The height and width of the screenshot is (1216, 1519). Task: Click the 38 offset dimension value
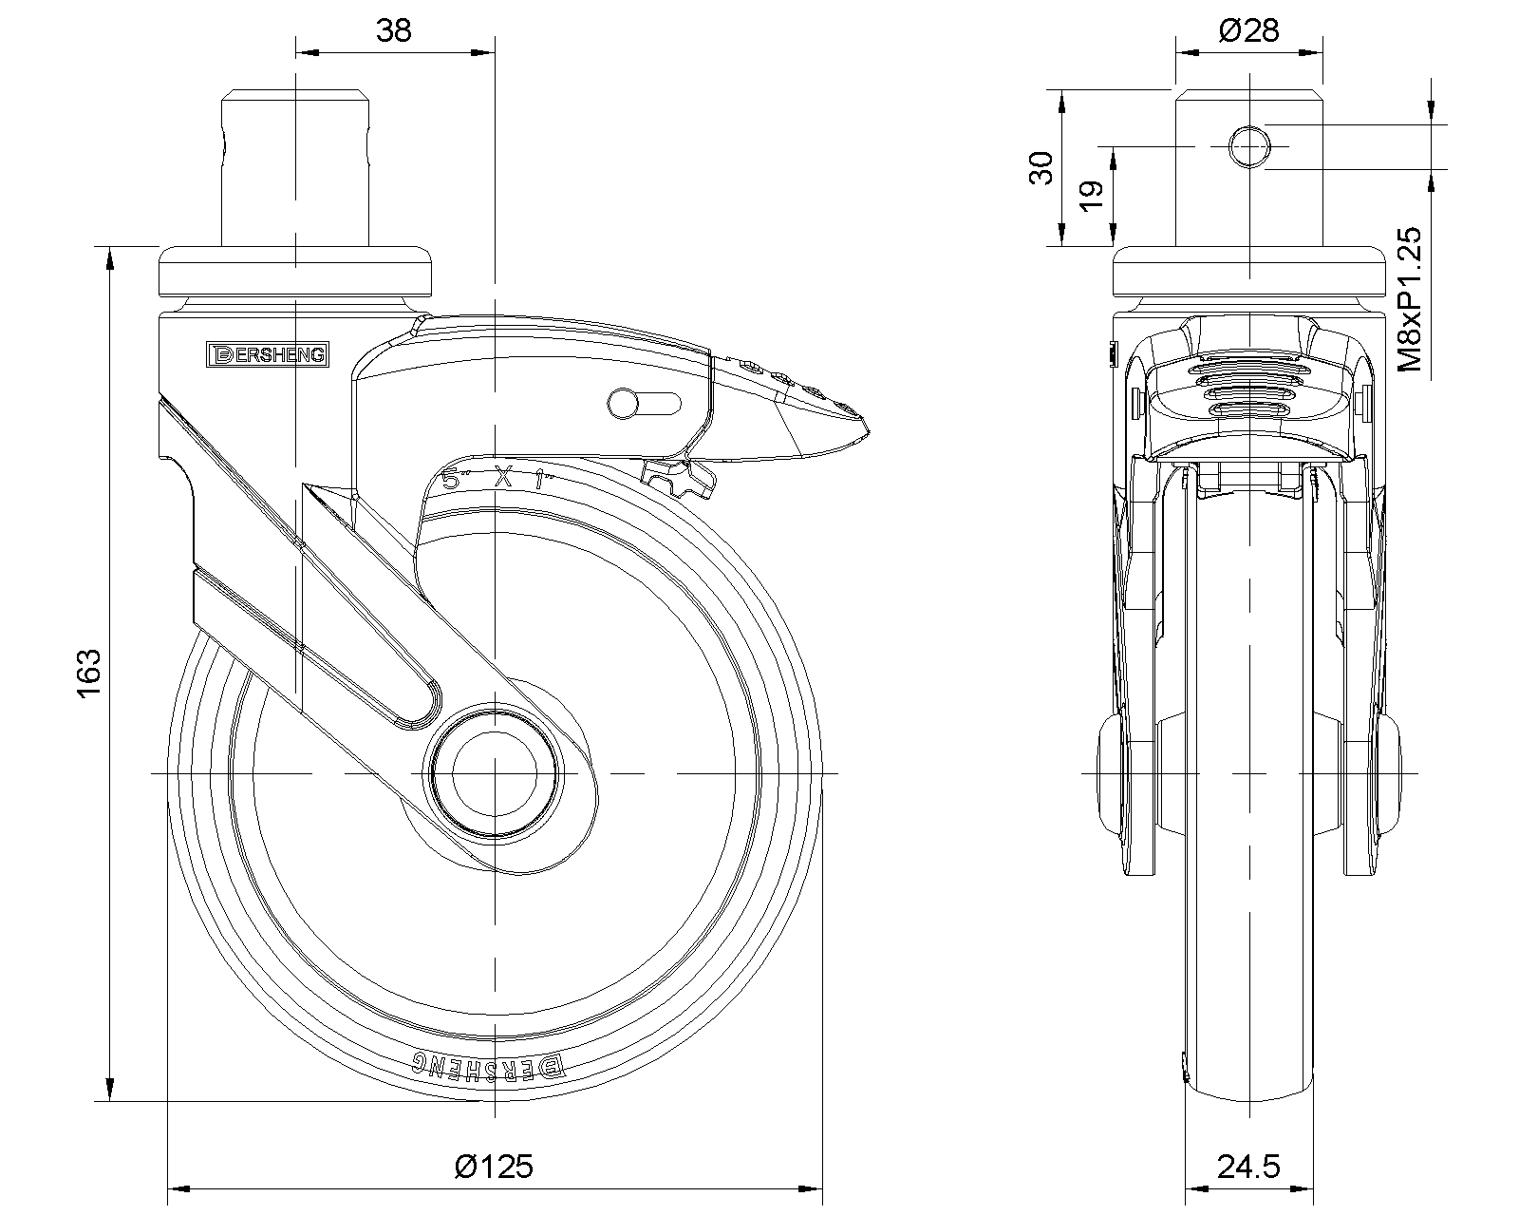click(394, 30)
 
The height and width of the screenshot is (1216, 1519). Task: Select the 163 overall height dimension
click(88, 674)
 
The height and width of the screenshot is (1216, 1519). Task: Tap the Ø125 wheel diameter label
click(494, 1166)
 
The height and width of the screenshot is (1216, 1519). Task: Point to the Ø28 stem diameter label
click(1248, 30)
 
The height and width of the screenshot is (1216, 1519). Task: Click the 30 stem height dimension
click(1041, 168)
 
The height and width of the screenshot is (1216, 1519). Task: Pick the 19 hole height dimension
click(1093, 194)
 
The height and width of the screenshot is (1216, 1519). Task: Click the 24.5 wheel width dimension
click(1249, 1166)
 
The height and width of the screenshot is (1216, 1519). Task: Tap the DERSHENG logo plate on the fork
click(268, 354)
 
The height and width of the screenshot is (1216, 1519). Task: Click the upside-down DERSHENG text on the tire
click(486, 1067)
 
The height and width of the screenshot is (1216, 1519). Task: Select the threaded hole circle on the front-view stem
click(1250, 147)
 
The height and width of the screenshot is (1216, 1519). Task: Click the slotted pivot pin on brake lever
click(624, 403)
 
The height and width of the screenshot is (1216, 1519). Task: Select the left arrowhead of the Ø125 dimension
click(175, 1187)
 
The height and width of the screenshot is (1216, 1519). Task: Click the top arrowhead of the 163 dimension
click(112, 255)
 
